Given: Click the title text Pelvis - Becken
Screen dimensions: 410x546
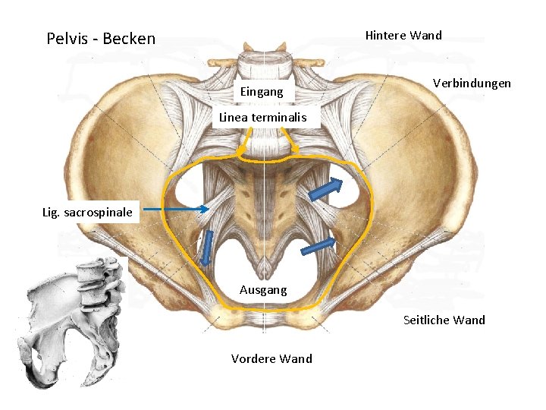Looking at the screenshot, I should point(101,38).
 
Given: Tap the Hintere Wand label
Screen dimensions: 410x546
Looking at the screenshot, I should point(403,35).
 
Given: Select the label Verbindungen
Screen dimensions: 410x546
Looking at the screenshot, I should point(471,83).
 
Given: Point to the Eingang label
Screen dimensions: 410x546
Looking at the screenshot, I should point(261,92).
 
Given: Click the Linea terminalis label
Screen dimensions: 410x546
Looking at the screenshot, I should point(262,117).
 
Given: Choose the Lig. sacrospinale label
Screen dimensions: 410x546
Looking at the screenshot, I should point(87,212).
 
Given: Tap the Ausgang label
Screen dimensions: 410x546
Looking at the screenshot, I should point(263,289).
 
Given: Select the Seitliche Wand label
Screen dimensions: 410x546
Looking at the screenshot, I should point(444,320).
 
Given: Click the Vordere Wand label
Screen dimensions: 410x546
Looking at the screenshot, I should point(271,358).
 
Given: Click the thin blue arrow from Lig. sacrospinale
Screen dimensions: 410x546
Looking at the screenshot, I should point(176,210).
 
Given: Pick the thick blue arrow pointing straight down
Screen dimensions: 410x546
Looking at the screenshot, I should point(206,248).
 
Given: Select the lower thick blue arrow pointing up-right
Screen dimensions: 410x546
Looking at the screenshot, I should point(318,246).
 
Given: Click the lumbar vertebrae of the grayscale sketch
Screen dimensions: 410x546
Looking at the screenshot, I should point(99,281).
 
